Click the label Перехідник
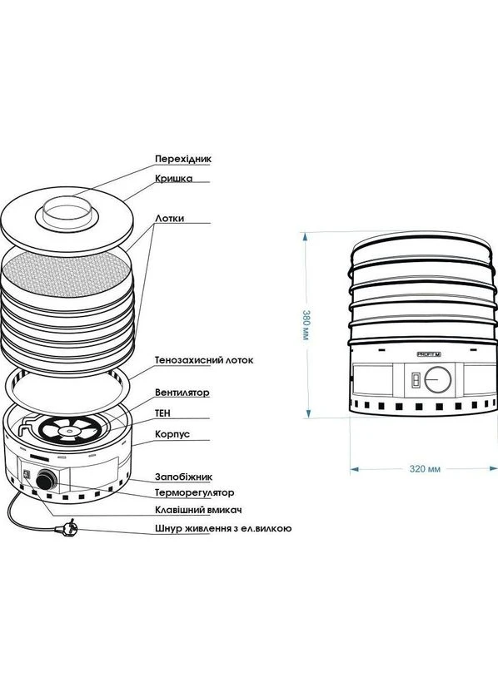pos(183,158)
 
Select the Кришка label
pos(174,179)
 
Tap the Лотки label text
pos(169,219)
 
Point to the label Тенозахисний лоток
pos(204,360)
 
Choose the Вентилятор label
pos(182,393)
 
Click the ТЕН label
pos(162,413)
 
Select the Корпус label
pos(172,434)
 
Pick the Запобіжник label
pos(183,477)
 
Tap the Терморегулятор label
pos(194,492)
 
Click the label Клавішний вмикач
pos(198,510)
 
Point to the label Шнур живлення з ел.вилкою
pos(223,529)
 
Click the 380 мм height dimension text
pos(305,325)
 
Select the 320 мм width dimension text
pos(425,469)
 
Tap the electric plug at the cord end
pos(67,528)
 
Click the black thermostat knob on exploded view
pos(46,480)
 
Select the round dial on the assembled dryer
pos(438,379)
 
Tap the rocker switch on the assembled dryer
pos(416,380)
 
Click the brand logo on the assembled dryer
pos(429,354)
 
